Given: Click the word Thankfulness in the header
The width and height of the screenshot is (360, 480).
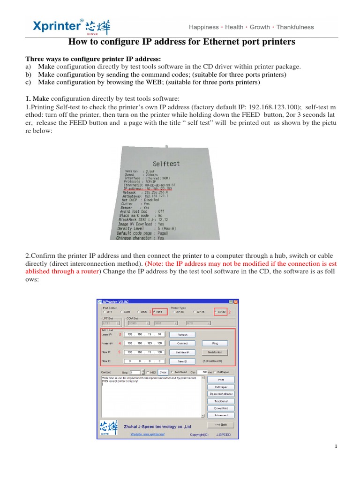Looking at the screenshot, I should (x=295, y=27).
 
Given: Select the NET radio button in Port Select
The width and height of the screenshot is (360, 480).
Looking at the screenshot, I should (x=154, y=311).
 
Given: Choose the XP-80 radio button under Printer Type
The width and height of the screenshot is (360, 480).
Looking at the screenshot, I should (x=216, y=311).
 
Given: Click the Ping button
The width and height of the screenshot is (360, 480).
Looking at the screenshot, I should (x=215, y=343).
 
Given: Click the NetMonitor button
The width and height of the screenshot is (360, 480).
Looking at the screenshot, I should (x=215, y=352).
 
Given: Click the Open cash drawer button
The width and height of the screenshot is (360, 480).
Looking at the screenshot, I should (x=221, y=394).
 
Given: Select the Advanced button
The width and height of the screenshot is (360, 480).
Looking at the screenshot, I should (x=221, y=415).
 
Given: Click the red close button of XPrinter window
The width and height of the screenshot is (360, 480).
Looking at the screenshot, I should (x=236, y=302).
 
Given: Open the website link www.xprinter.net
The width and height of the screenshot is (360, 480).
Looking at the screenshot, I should (x=148, y=434).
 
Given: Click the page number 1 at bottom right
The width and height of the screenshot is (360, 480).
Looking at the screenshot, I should (x=336, y=447).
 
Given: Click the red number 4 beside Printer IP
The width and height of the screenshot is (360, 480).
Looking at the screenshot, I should (x=119, y=343).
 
